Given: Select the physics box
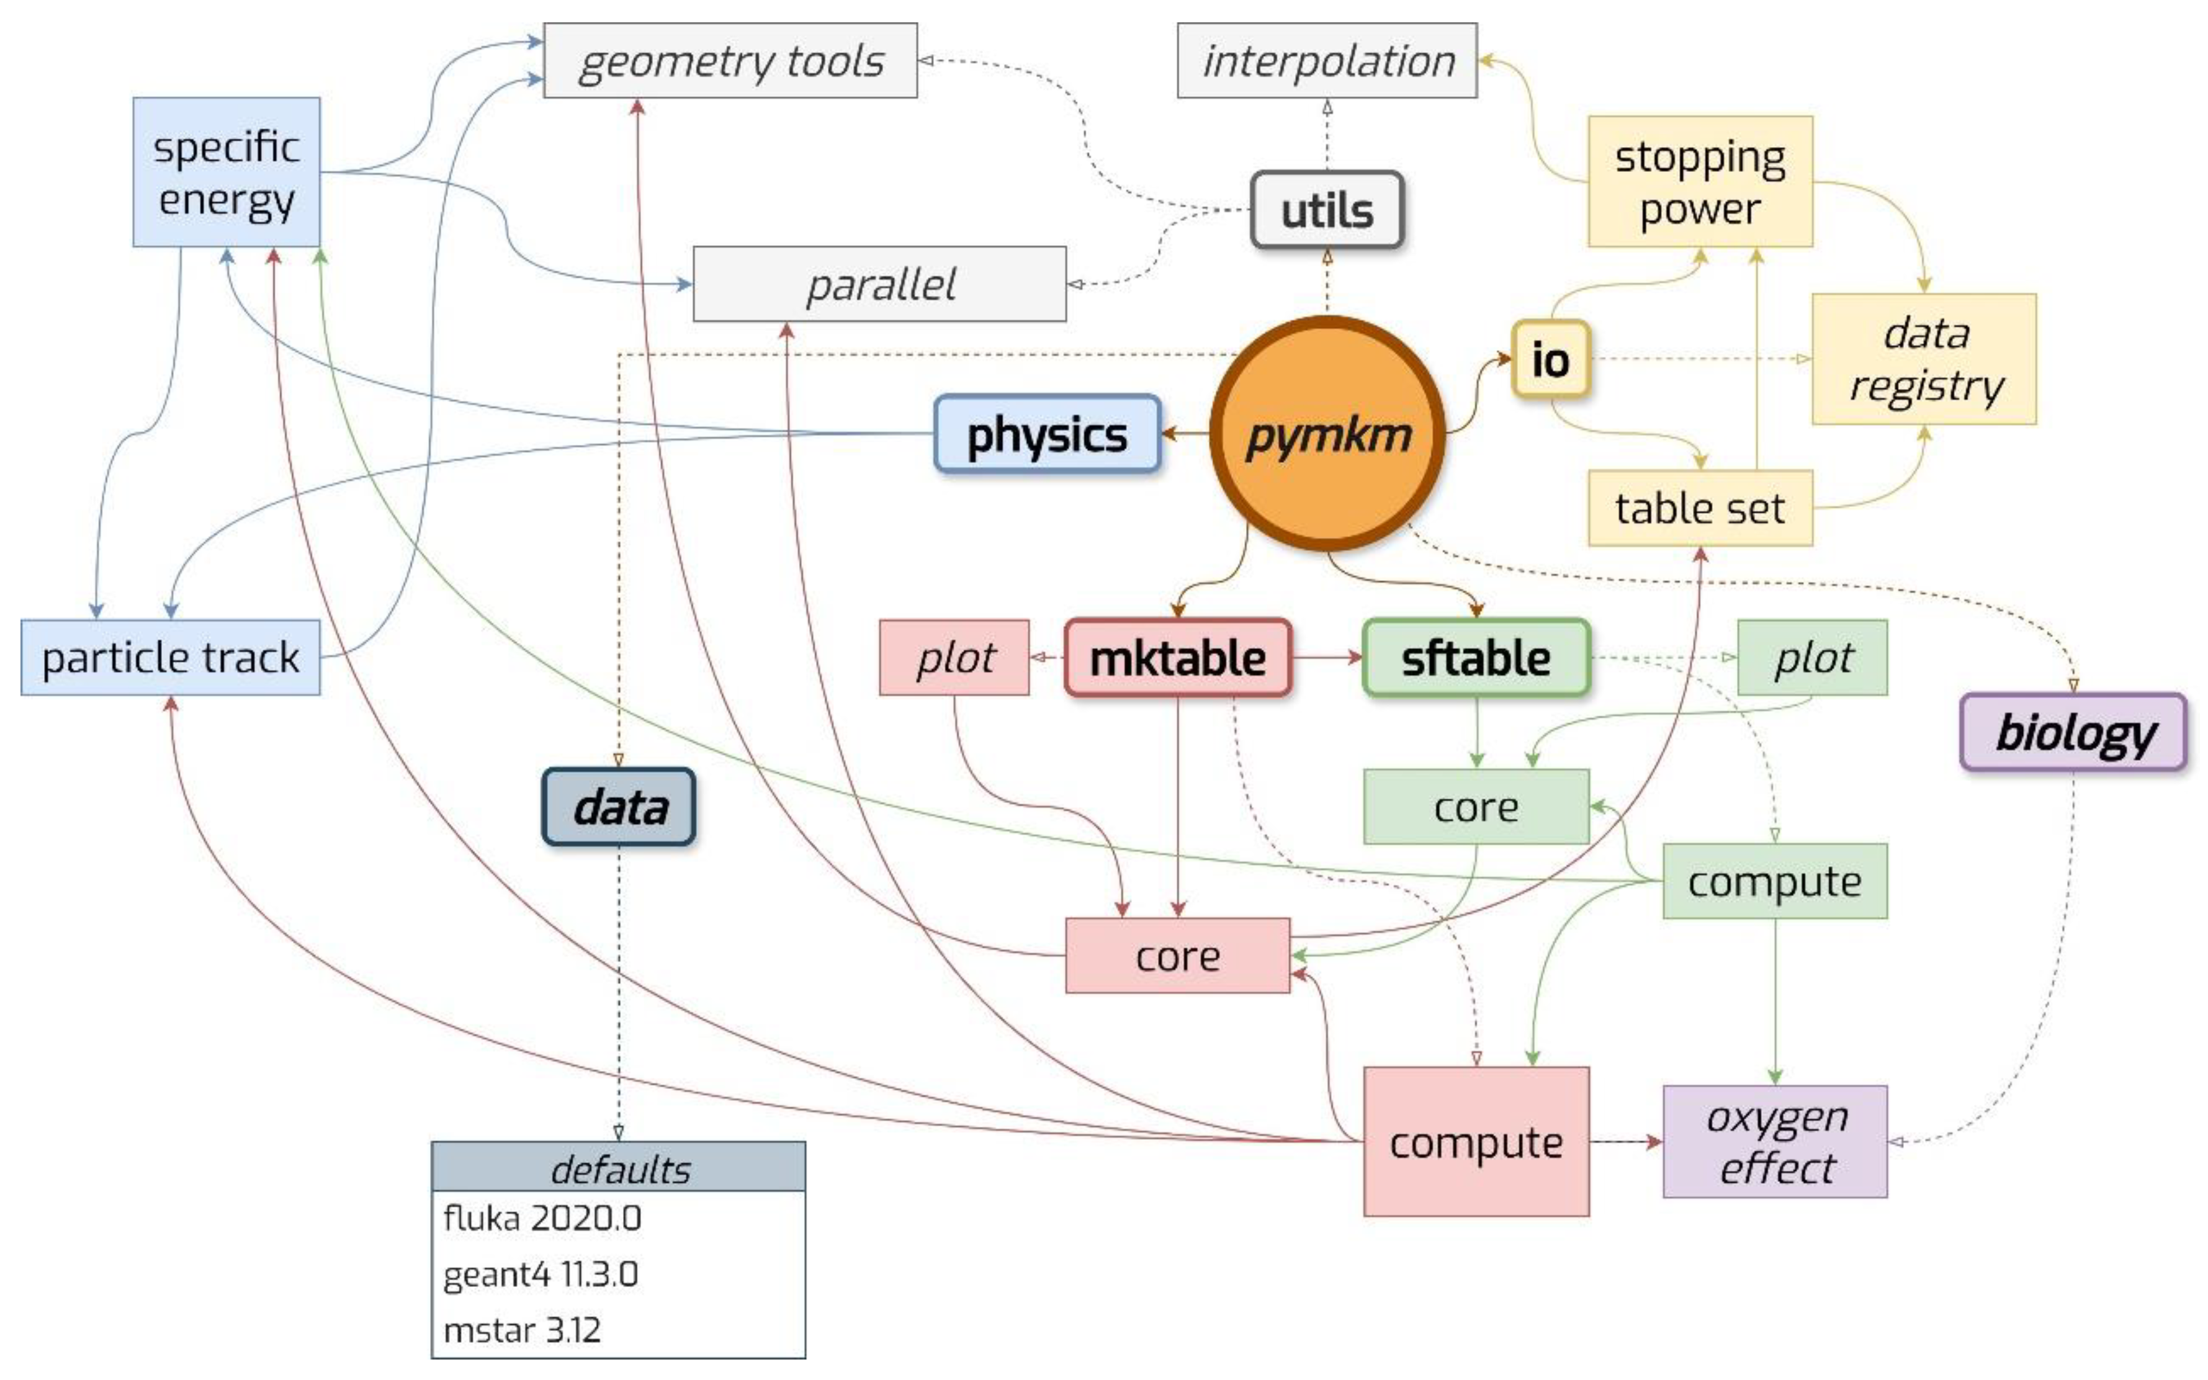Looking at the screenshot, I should click(x=1047, y=434).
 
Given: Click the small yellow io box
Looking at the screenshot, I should click(x=1550, y=359).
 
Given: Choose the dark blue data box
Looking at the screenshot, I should click(x=619, y=807).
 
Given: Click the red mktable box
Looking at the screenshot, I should click(x=1177, y=657).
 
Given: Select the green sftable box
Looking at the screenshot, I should click(x=1476, y=657).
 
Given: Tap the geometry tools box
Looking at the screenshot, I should click(x=730, y=61).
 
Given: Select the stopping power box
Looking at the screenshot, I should click(x=1700, y=182).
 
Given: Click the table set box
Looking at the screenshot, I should click(x=1700, y=508).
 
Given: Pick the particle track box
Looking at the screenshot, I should click(x=171, y=657).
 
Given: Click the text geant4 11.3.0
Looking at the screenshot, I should click(x=541, y=1274).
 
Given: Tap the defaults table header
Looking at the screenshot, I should click(x=619, y=1167).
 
